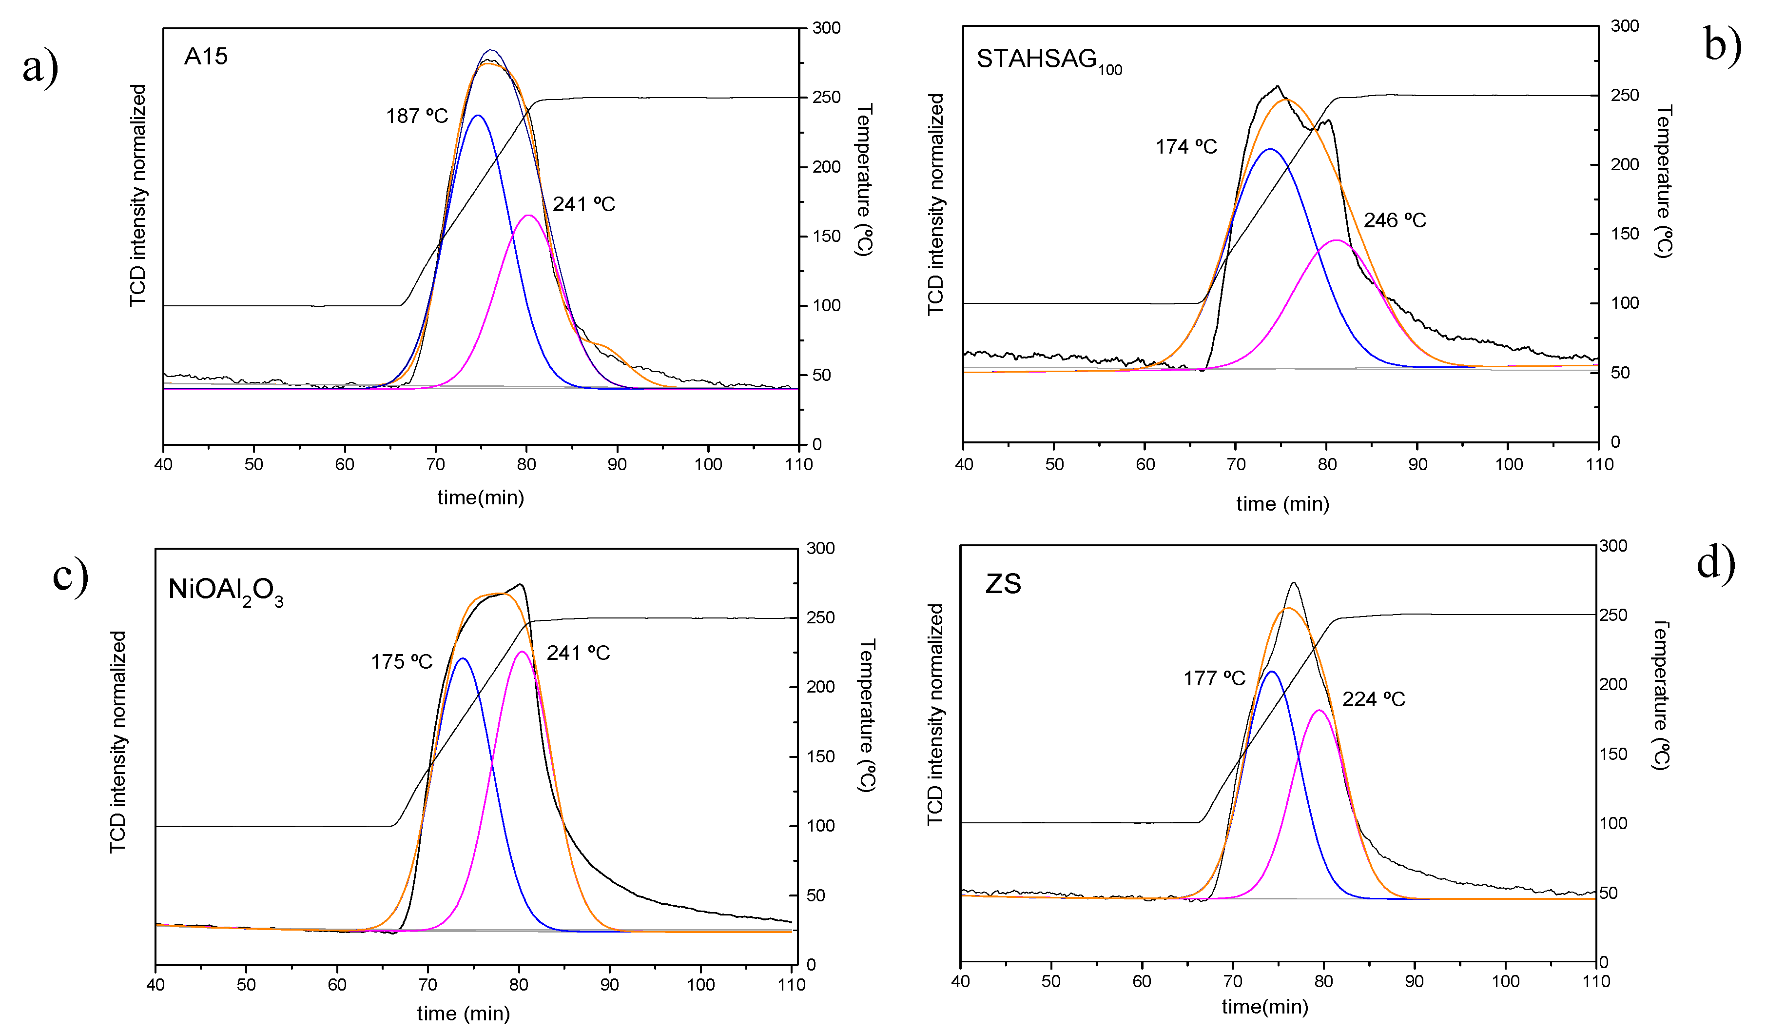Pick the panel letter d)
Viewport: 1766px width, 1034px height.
click(1715, 562)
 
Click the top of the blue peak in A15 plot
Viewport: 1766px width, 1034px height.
click(478, 116)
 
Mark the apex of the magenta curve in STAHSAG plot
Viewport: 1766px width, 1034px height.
click(1337, 240)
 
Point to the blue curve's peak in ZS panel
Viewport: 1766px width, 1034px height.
click(1271, 672)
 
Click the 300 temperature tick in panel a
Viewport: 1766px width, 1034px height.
click(826, 28)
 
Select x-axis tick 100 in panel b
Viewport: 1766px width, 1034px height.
click(1508, 464)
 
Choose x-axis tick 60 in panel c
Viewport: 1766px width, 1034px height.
click(337, 984)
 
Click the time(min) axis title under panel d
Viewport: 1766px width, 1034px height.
click(1264, 1007)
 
